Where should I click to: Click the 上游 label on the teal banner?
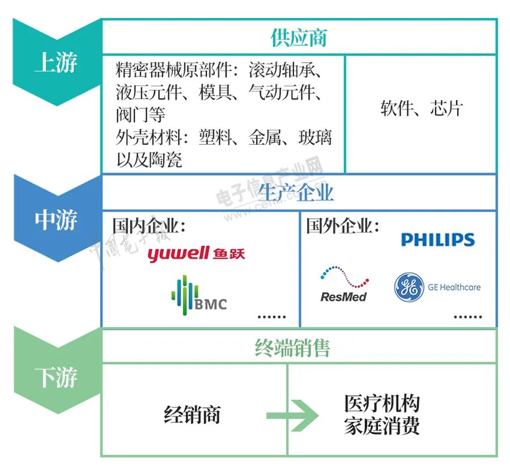(56, 62)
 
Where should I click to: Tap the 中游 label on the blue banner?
(56, 220)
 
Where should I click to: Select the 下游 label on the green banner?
(56, 378)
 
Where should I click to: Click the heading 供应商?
(298, 37)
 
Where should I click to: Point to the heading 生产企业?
(296, 193)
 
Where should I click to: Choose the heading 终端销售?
(292, 348)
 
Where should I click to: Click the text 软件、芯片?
(422, 108)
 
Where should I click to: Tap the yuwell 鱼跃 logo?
(196, 253)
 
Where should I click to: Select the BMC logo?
(198, 295)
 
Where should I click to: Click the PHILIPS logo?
(437, 240)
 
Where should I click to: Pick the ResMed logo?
(343, 285)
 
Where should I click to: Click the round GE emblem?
(409, 287)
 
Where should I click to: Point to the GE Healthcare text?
(454, 287)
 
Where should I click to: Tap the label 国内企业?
(148, 226)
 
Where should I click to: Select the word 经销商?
(192, 415)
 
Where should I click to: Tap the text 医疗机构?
(382, 404)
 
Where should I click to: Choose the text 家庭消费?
(382, 426)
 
